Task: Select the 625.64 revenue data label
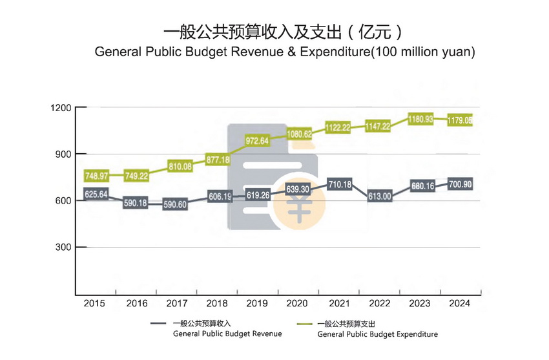pos(96,194)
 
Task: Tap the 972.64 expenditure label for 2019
pos(258,140)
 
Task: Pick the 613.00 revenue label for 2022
pos(379,196)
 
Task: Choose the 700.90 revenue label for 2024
pos(460,184)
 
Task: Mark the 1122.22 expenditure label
pos(338,128)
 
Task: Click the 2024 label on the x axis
pos(460,303)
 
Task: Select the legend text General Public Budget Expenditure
pos(378,334)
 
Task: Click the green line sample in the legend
pos(304,323)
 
